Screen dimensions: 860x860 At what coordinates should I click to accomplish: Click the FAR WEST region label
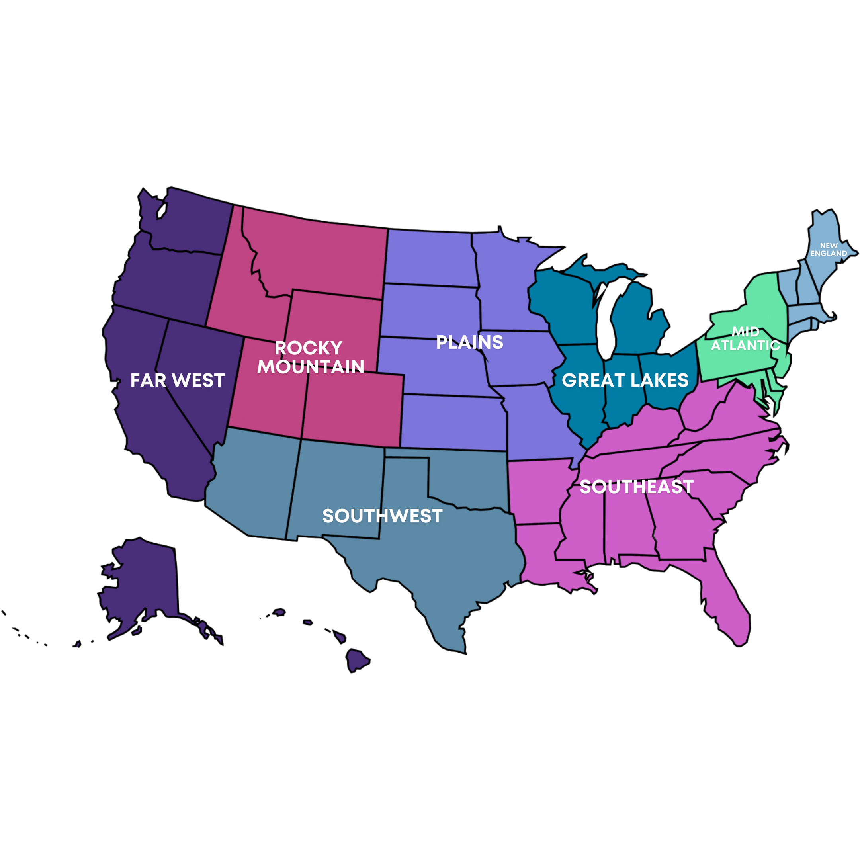coord(177,381)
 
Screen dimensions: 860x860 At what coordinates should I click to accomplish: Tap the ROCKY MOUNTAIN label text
coord(310,358)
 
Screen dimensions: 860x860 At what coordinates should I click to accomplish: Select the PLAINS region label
coord(470,342)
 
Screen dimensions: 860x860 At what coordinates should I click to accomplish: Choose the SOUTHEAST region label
coord(637,487)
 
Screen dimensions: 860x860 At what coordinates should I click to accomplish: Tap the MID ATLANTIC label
coord(745,339)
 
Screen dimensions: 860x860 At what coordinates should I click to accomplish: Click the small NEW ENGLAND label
coord(829,249)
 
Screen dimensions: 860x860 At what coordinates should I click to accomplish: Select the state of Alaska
coord(143,583)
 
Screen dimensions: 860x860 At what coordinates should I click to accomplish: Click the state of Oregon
coord(165,280)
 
